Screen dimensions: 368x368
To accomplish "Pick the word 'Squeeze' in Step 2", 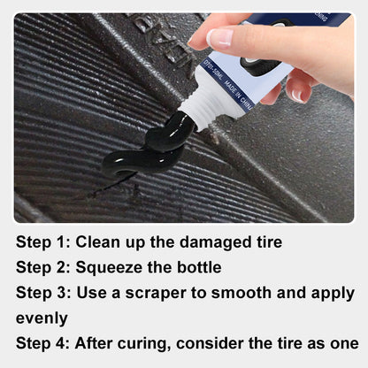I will (x=111, y=266).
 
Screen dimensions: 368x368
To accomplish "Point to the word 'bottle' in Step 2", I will (x=200, y=266).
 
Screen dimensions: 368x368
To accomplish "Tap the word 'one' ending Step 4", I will (x=342, y=343).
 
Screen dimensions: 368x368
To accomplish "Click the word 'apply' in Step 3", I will (x=334, y=293).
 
